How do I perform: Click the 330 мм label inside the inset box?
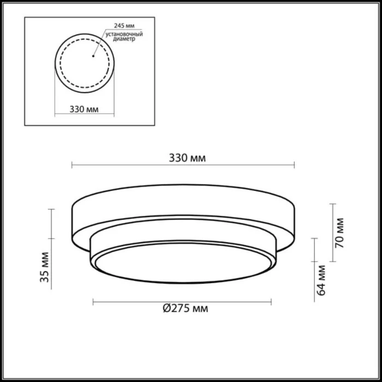84,109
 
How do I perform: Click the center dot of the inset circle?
94,55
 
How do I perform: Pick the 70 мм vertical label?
339,234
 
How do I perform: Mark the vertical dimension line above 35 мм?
52,224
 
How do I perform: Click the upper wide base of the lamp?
183,210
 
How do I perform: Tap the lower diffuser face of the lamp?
183,267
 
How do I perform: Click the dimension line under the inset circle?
84,115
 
